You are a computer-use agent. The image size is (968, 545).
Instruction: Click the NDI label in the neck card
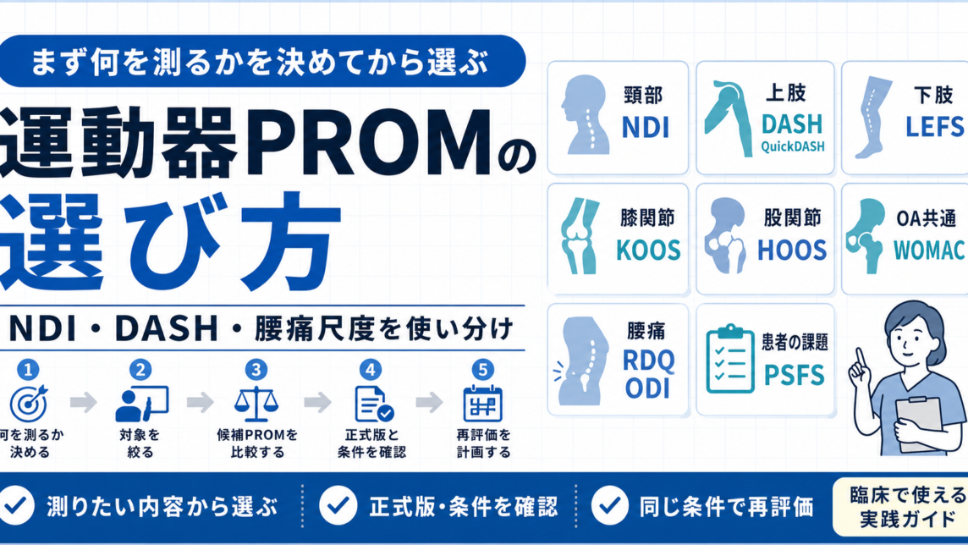[x=645, y=127]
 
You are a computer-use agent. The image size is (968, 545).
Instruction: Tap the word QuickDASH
[x=792, y=147]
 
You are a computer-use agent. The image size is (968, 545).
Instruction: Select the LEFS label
[x=935, y=127]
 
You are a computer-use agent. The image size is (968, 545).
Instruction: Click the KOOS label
[x=648, y=250]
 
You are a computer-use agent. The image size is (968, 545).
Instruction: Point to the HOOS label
[x=792, y=250]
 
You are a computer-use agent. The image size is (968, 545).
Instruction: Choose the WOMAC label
[x=929, y=250]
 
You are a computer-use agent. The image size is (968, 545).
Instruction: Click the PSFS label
[x=794, y=375]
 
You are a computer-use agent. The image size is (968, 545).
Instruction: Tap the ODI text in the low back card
[x=647, y=388]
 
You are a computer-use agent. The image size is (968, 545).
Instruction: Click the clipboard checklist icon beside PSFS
[x=730, y=359]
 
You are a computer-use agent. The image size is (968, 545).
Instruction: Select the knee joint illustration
[x=580, y=236]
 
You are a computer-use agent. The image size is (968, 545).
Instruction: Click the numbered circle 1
[x=28, y=370]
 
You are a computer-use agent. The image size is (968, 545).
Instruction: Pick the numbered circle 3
[x=256, y=370]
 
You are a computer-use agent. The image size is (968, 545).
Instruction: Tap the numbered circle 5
[x=482, y=370]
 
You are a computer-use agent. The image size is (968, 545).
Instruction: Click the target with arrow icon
[x=29, y=403]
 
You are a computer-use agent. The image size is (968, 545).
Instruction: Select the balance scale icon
[x=256, y=404]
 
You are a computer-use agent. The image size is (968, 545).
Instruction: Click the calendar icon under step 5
[x=482, y=404]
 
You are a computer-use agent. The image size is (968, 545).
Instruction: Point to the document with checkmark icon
[x=373, y=405]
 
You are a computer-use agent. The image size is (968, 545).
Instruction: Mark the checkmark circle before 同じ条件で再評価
[x=610, y=505]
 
